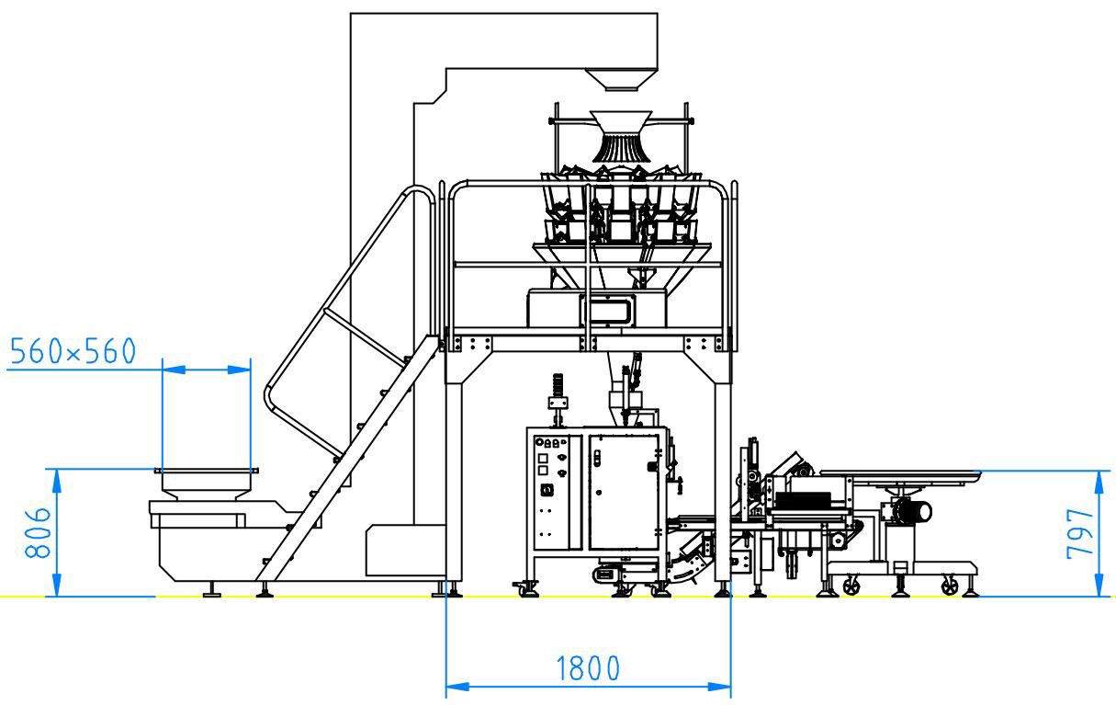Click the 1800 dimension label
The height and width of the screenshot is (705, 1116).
(x=588, y=668)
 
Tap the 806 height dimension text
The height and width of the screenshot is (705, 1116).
(x=38, y=532)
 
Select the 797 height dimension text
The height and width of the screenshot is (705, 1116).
(x=1080, y=533)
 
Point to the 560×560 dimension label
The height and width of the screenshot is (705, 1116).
(x=73, y=350)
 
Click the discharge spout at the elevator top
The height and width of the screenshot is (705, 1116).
(x=621, y=80)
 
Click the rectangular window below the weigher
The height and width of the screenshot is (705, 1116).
(x=607, y=310)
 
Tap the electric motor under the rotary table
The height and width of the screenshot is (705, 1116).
(x=912, y=511)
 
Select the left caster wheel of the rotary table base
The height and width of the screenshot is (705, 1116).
(x=851, y=586)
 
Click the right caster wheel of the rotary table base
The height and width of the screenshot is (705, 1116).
(x=950, y=586)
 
